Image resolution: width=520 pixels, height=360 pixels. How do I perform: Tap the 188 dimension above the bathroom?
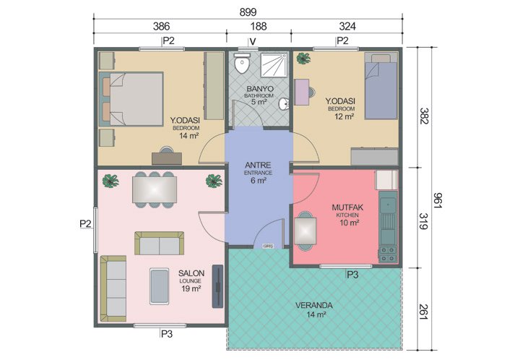click(258, 26)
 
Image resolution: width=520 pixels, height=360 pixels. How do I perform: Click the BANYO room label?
click(258, 89)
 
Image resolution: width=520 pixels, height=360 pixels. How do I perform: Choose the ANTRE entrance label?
click(259, 165)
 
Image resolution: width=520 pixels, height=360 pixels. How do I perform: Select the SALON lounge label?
click(192, 273)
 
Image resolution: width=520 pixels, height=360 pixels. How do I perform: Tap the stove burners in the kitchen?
click(387, 254)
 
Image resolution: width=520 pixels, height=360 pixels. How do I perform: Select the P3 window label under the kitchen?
click(352, 275)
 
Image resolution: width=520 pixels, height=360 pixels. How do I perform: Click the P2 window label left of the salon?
click(85, 224)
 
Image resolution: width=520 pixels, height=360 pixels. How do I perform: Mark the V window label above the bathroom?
click(252, 40)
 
